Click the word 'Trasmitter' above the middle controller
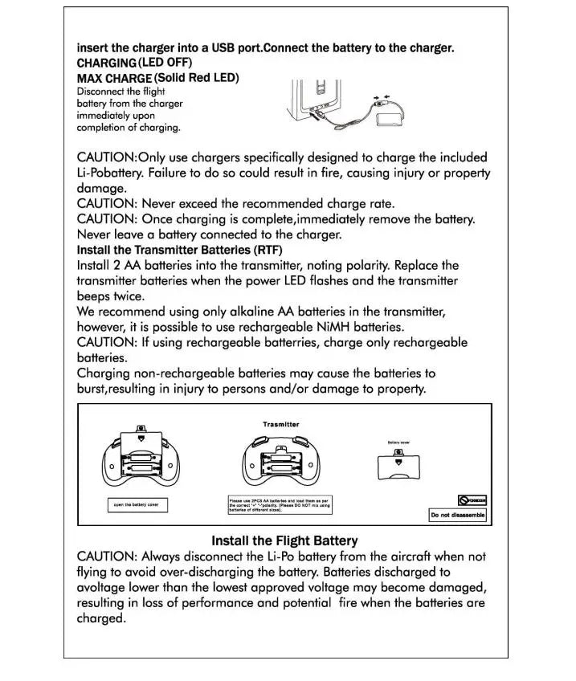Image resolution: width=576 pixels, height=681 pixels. pyautogui.click(x=280, y=424)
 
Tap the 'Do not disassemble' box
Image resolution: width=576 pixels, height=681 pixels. pyautogui.click(x=457, y=515)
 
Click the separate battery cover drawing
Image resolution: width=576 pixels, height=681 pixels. pyautogui.click(x=398, y=466)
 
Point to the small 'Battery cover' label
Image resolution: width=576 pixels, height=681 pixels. pyautogui.click(x=398, y=442)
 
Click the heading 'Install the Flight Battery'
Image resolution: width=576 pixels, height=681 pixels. pyautogui.click(x=284, y=540)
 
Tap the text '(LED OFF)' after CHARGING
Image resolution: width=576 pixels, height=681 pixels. pyautogui.click(x=165, y=62)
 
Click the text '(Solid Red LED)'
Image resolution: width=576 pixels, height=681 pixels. pyautogui.click(x=196, y=78)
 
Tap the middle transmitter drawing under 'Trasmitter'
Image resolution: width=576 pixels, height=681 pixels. pyautogui.click(x=280, y=463)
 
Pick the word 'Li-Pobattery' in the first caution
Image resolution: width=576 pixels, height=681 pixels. pyautogui.click(x=114, y=173)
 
